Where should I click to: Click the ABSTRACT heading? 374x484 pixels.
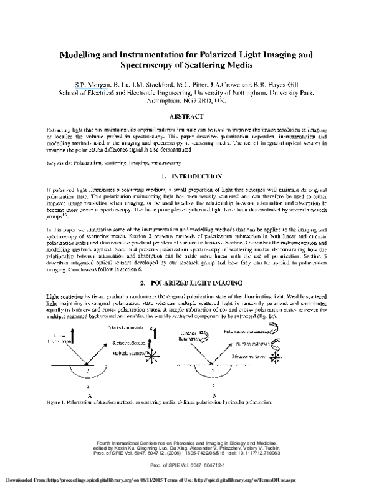186,117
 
